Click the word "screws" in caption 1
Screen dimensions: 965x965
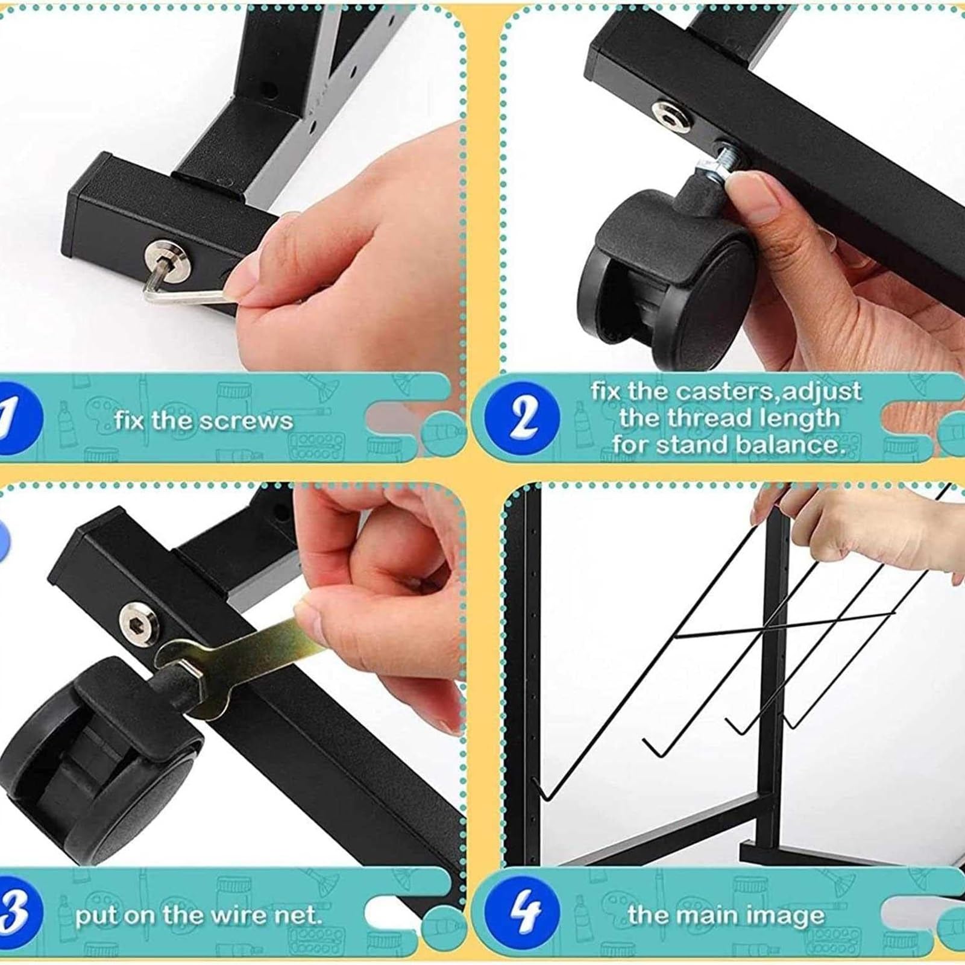coord(246,420)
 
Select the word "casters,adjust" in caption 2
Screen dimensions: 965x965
coord(769,392)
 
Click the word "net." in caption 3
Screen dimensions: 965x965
coord(295,916)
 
